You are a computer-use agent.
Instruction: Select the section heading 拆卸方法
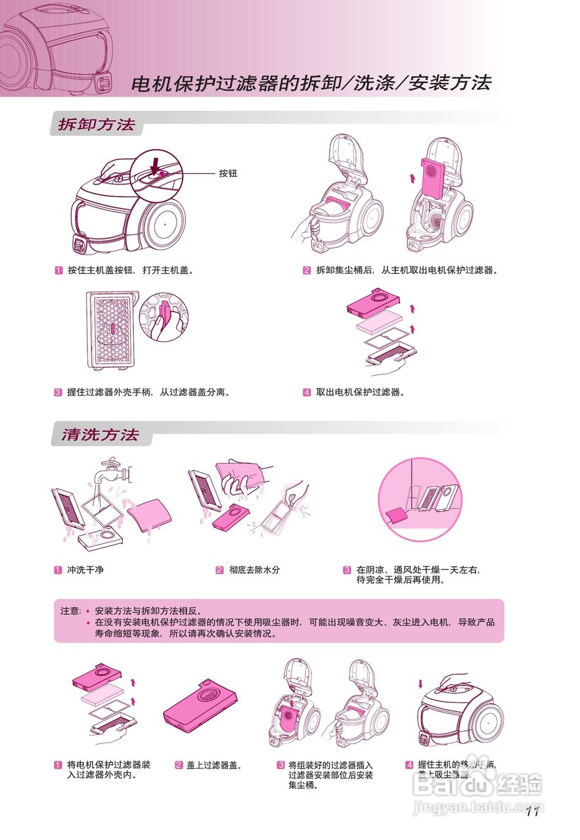(96, 125)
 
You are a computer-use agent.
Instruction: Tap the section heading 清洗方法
(100, 435)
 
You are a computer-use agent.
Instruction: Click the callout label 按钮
(228, 174)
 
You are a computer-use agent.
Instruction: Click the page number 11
(532, 812)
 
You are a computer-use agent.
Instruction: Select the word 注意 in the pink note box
(70, 610)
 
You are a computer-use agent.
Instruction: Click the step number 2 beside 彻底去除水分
(219, 570)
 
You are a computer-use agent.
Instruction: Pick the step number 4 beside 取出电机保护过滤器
(307, 392)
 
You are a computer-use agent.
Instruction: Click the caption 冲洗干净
(85, 570)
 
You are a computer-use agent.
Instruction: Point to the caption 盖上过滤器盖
(214, 765)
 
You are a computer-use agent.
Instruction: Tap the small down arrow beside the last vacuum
(420, 684)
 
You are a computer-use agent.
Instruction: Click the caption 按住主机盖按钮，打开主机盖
(130, 270)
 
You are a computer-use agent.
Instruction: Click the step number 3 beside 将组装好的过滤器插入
(280, 765)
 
